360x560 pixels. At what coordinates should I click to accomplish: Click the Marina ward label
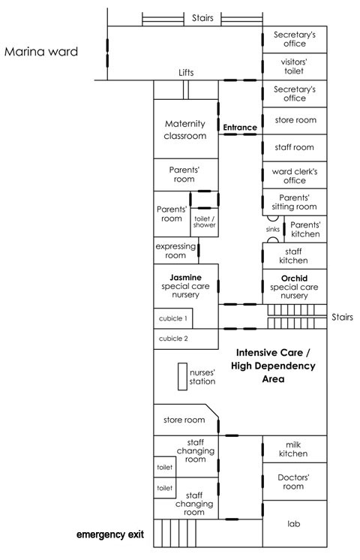click(41, 52)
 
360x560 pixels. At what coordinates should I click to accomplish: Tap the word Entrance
click(240, 128)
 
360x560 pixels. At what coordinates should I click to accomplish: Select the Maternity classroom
click(185, 129)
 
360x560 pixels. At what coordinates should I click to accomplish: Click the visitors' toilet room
click(295, 66)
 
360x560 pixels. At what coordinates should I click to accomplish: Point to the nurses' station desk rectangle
click(183, 376)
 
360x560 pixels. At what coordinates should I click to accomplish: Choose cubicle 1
click(173, 318)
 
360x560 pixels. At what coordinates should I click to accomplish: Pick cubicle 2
click(186, 339)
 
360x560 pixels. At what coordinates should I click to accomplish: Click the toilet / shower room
click(204, 222)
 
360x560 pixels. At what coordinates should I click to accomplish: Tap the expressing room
click(176, 251)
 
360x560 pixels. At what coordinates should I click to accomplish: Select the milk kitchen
click(295, 449)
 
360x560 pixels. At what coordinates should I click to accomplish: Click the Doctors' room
click(295, 481)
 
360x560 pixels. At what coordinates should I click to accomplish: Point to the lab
click(295, 523)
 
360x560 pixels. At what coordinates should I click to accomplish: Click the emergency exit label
click(110, 534)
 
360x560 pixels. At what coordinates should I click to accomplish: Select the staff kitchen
click(295, 256)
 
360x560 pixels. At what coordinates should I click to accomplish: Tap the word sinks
click(272, 229)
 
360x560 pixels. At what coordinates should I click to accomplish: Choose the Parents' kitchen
click(305, 229)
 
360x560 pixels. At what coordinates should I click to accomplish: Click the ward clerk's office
click(295, 175)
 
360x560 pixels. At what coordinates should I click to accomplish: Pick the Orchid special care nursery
click(295, 287)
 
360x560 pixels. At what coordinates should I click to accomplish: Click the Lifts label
click(186, 73)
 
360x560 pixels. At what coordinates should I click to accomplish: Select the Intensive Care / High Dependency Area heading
click(273, 366)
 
